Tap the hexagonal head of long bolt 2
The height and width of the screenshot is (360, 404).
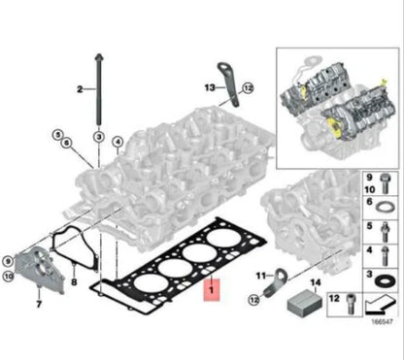[99, 58]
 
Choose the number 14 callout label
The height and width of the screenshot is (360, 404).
[313, 282]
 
